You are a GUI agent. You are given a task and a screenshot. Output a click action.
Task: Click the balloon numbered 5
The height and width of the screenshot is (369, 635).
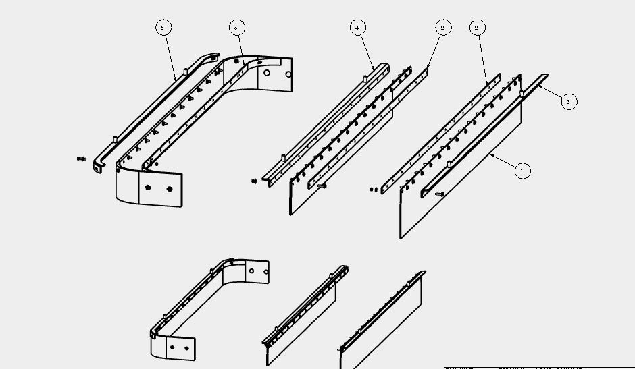click(x=163, y=28)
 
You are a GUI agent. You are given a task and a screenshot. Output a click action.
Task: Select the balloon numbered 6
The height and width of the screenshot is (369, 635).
click(x=236, y=28)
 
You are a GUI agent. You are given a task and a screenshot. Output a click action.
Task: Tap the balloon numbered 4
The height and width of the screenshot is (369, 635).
click(x=357, y=28)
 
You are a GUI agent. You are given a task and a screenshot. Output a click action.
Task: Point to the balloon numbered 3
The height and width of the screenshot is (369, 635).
click(x=568, y=102)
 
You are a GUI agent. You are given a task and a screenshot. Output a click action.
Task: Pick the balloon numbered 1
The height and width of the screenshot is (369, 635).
click(x=522, y=171)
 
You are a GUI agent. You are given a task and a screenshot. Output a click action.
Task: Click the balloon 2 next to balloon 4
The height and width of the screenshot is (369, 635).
click(x=442, y=28)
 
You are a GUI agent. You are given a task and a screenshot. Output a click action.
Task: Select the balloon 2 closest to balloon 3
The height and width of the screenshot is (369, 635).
click(x=478, y=28)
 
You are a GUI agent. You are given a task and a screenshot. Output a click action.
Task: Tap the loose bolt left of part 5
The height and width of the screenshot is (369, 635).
click(x=82, y=159)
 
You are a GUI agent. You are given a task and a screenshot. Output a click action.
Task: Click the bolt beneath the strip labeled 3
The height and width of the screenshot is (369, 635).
click(x=440, y=194)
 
